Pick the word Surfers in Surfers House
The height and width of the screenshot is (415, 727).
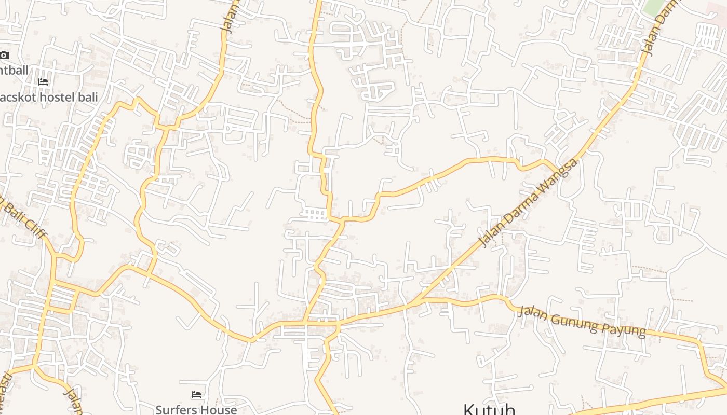click(x=174, y=410)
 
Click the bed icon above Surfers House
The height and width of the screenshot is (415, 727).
click(x=196, y=395)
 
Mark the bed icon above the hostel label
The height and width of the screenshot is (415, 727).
click(x=43, y=82)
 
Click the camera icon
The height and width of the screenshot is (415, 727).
click(x=4, y=56)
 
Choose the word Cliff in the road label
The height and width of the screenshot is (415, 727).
click(x=34, y=226)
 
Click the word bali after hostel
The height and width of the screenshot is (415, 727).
click(x=87, y=97)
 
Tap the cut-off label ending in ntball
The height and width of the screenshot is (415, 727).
click(x=14, y=70)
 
